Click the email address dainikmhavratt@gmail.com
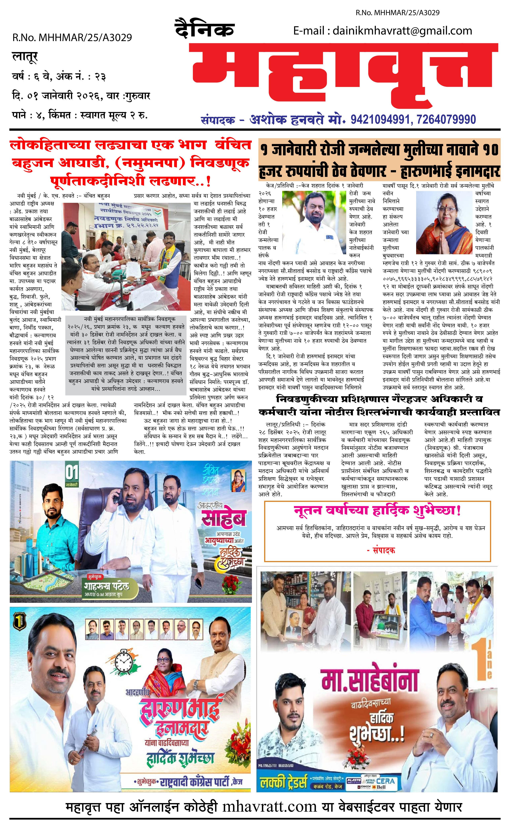(402, 31)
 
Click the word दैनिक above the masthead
(204, 29)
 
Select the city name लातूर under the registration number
(25, 56)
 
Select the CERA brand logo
(385, 781)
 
